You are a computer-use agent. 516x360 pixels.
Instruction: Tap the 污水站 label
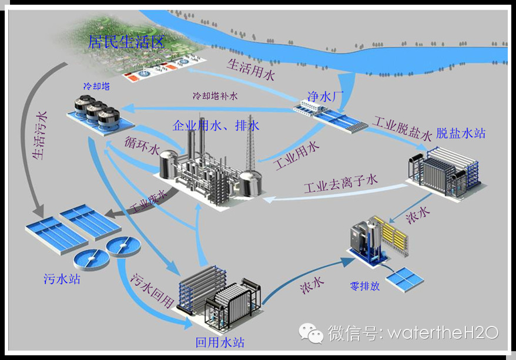[62, 278]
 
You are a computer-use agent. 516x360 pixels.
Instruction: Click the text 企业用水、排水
[216, 126]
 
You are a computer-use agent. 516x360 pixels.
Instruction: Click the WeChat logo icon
[311, 333]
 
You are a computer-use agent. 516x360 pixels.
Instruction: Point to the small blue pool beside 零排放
[406, 278]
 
